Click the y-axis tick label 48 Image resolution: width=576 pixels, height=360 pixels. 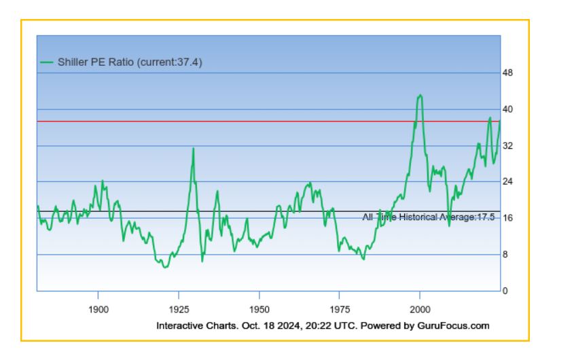pos(507,73)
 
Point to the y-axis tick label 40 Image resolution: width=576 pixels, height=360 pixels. pos(507,109)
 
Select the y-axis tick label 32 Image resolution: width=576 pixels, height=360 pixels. pos(507,145)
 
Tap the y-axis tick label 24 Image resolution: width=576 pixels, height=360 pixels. pos(507,181)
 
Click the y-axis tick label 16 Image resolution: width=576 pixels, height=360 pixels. pos(507,218)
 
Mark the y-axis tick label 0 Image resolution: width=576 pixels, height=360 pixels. pos(505,291)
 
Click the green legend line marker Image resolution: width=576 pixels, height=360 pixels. pos(46,62)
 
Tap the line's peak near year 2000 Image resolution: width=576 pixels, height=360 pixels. pos(420,95)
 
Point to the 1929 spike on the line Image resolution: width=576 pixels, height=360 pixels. pos(193,149)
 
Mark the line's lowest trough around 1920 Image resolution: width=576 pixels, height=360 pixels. pos(164,267)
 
